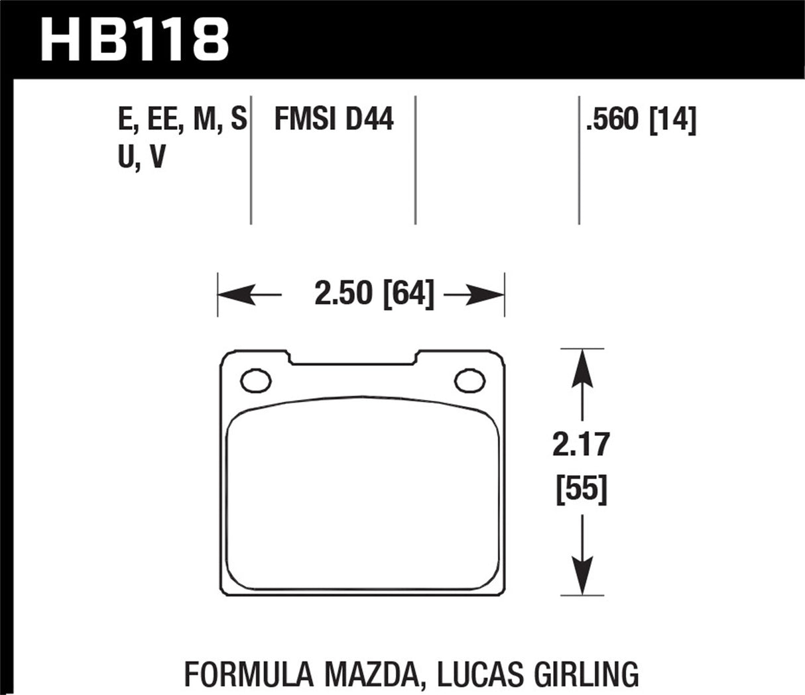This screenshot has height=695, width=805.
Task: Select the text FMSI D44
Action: coord(334,120)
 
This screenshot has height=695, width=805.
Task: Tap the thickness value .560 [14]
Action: coord(641,120)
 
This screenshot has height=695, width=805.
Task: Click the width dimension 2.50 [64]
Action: coord(374,294)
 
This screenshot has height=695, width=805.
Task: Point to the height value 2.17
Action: coord(581,445)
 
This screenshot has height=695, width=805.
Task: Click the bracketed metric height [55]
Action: coord(581,490)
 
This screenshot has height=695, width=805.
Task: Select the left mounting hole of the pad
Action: coord(257,381)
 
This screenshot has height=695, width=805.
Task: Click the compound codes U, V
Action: coord(141,158)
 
